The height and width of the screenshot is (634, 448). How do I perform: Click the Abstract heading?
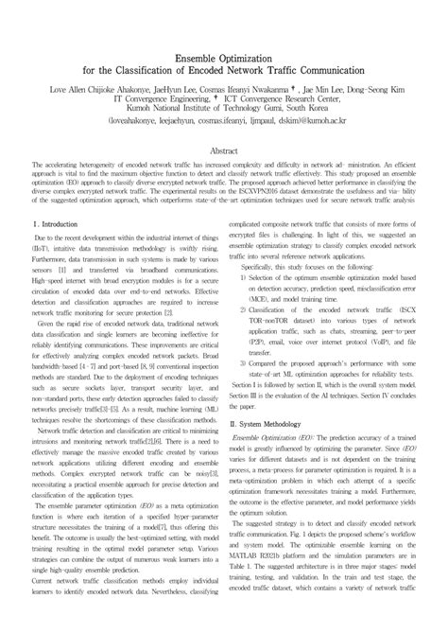click(223, 151)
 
